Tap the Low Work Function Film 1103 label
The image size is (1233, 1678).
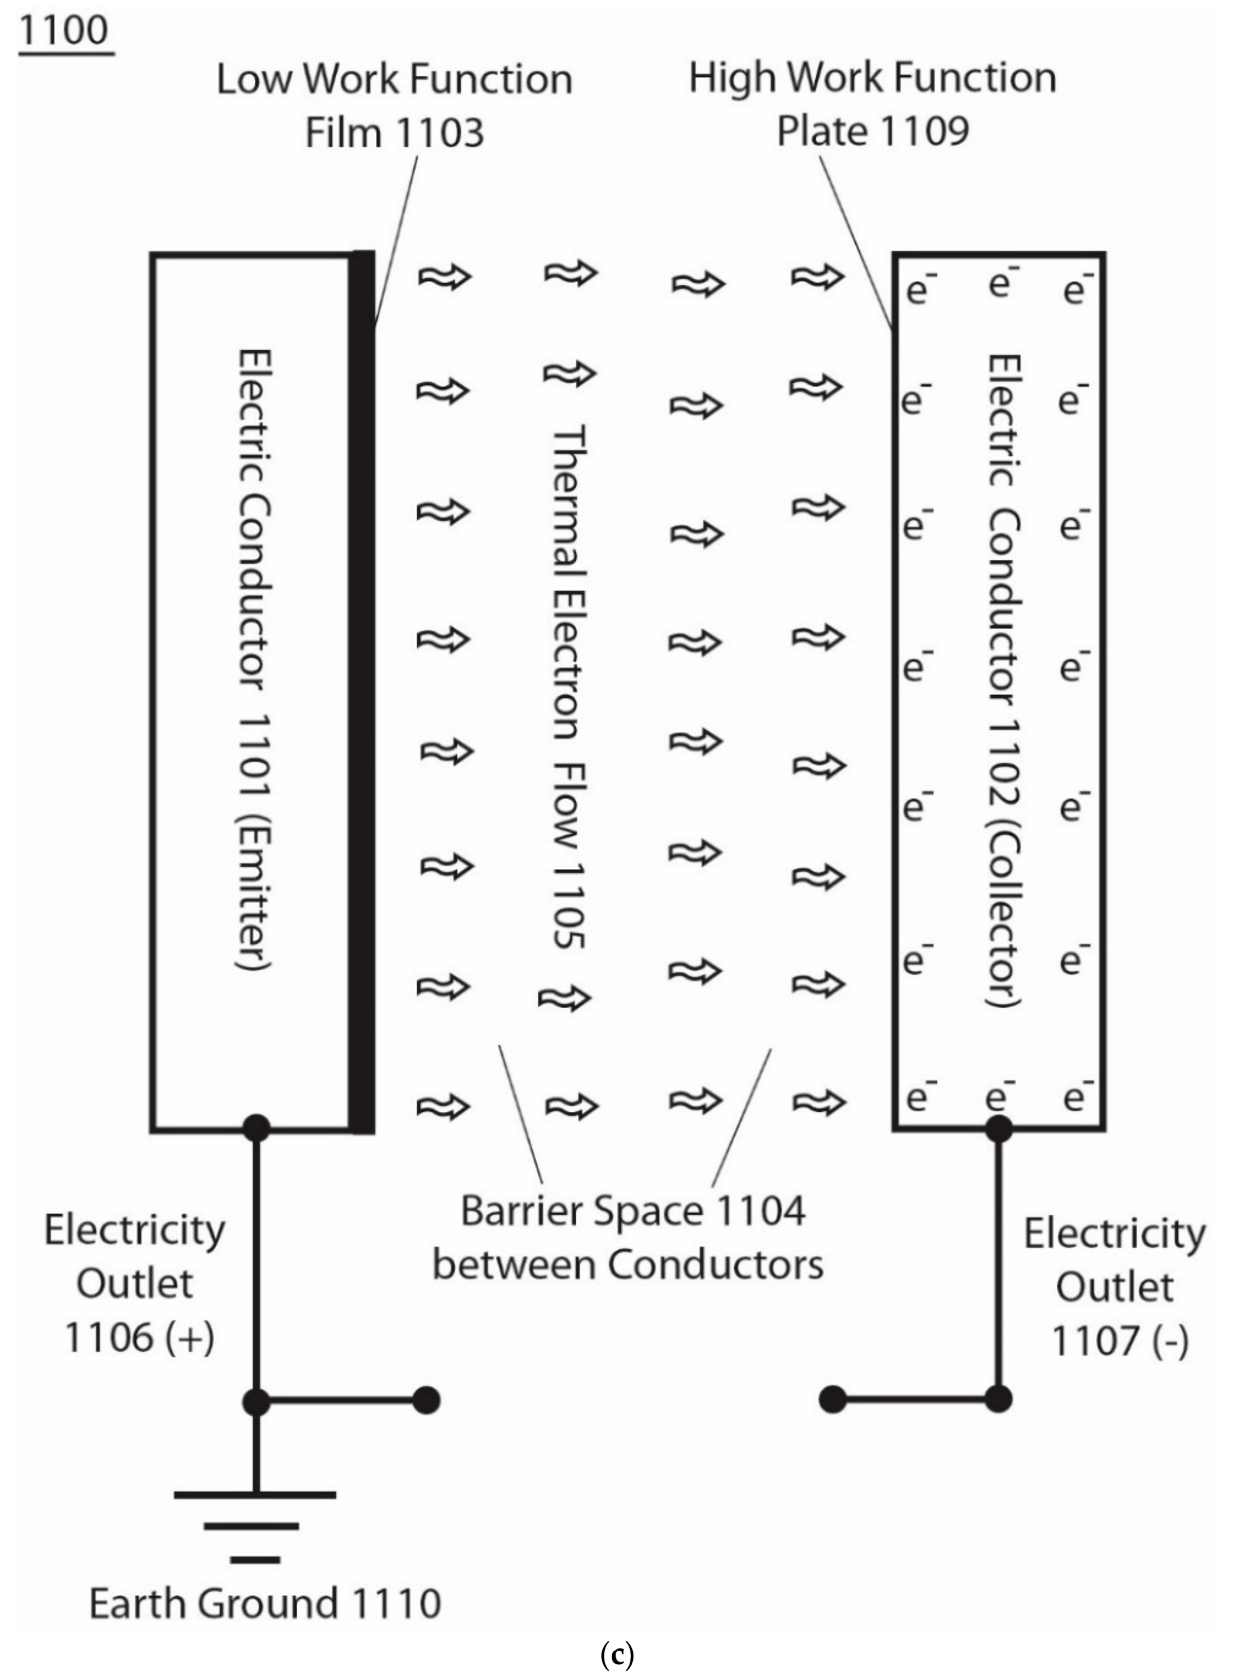(x=394, y=105)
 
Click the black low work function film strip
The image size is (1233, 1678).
(x=363, y=692)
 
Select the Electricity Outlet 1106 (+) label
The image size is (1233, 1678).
(x=135, y=1283)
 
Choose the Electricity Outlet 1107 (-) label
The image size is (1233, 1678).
(x=1115, y=1287)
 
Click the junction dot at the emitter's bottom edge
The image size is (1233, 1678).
(x=256, y=1128)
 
